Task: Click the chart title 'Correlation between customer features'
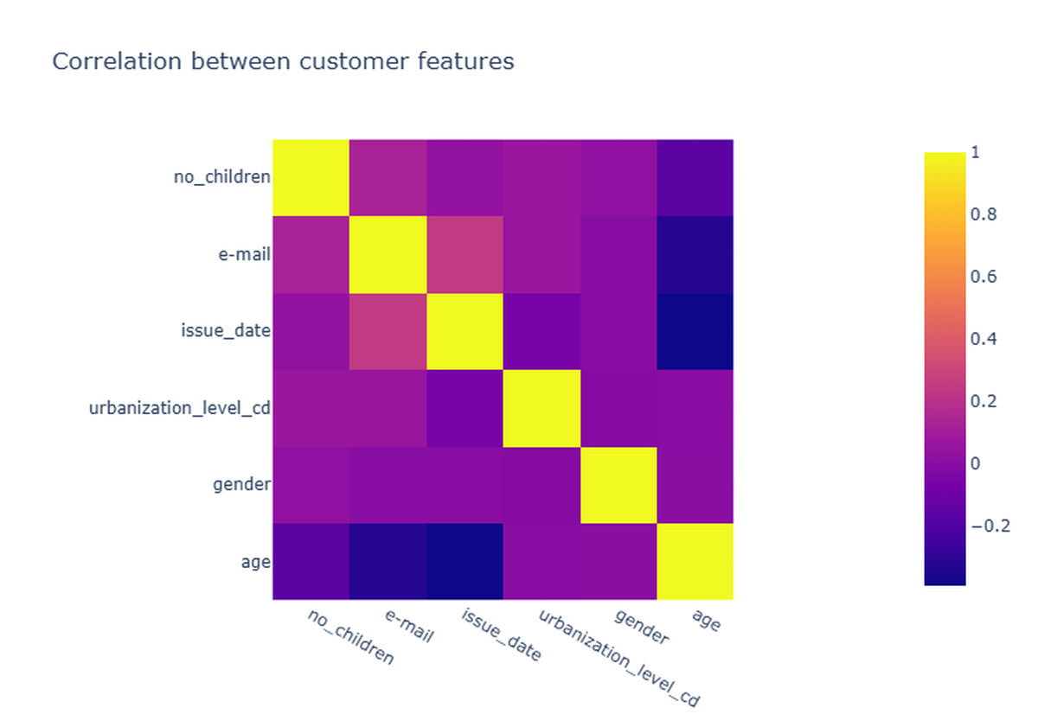(283, 61)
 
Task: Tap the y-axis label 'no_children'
(222, 176)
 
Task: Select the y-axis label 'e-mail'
(244, 254)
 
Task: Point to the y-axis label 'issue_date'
(226, 330)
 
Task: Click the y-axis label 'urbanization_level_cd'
(180, 408)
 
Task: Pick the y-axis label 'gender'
(241, 485)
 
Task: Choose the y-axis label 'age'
(255, 562)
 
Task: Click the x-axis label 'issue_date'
(502, 635)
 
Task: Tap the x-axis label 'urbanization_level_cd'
(619, 658)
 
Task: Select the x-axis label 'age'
(706, 620)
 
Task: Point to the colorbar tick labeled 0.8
(984, 214)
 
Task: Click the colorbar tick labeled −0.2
(990, 526)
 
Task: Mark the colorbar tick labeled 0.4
(984, 339)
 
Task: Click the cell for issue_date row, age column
(695, 332)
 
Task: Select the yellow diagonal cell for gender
(618, 485)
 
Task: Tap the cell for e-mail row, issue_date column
(465, 255)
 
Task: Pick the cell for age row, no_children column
(311, 562)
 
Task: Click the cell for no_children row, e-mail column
(388, 178)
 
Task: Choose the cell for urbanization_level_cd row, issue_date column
(465, 408)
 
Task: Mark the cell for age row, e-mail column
(388, 562)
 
